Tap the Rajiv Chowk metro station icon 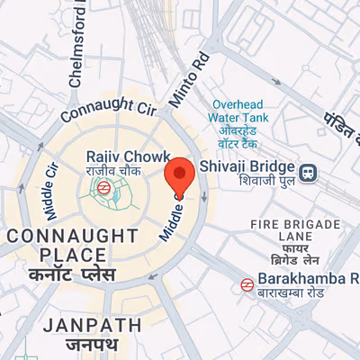(105, 188)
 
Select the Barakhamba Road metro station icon (246, 284)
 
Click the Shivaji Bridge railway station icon (308, 171)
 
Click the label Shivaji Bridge (247, 167)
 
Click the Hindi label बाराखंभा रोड (301, 296)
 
